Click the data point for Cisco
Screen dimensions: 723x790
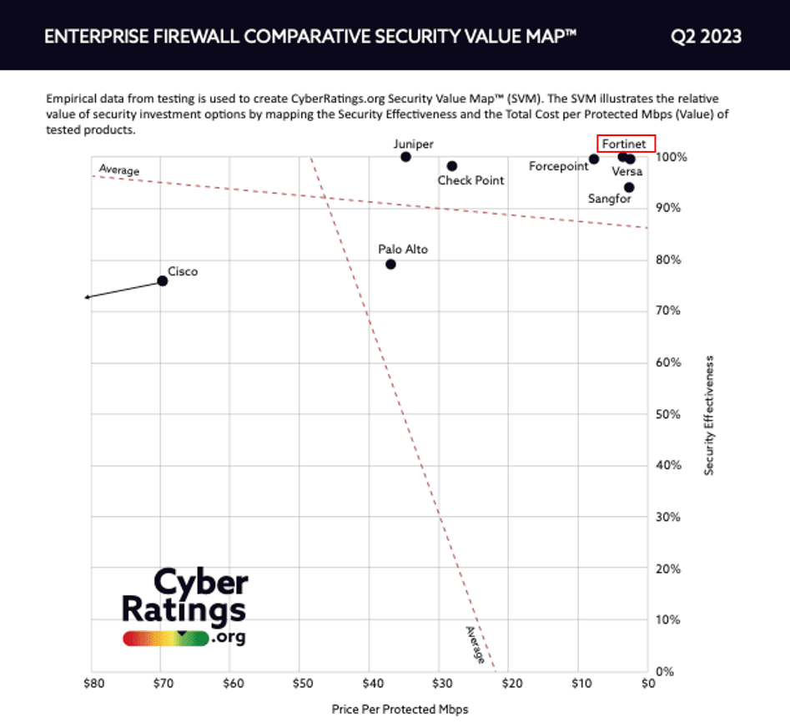(163, 281)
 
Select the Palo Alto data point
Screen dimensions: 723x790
(390, 265)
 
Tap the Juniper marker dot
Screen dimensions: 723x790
(406, 157)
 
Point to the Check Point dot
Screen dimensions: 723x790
(452, 166)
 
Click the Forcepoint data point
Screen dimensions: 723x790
(594, 159)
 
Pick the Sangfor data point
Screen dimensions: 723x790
(629, 187)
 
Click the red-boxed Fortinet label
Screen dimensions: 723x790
(626, 143)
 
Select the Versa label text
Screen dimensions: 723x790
(627, 172)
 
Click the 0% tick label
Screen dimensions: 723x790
(665, 671)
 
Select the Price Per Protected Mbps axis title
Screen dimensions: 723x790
(400, 709)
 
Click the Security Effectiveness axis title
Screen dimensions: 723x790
(710, 415)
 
